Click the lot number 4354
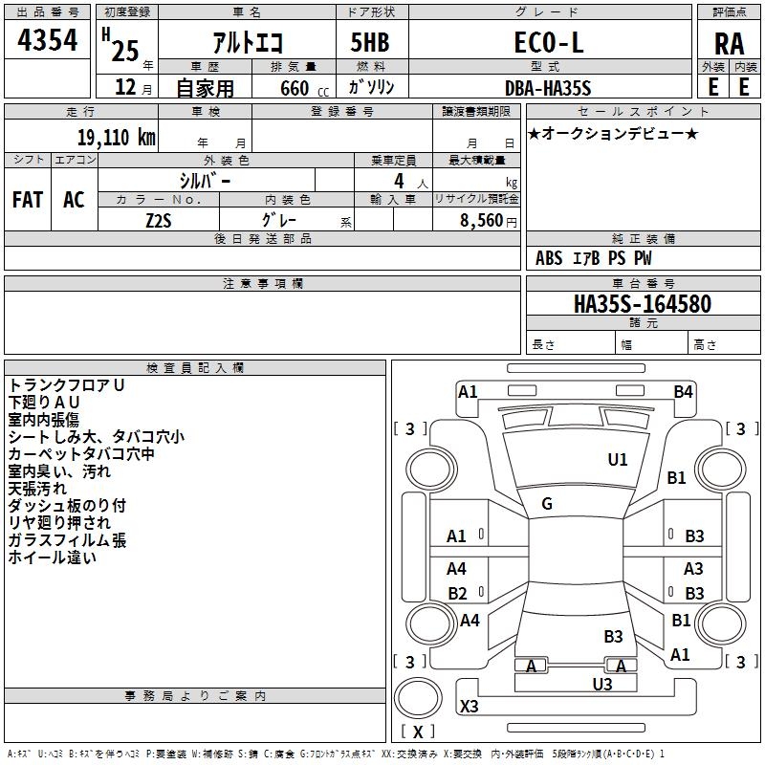[48, 43]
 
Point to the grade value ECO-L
[549, 43]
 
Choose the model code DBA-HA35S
[548, 88]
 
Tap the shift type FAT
[28, 199]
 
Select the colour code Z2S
[159, 220]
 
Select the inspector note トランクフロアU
[67, 384]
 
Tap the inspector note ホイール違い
[53, 557]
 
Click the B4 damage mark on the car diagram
[683, 391]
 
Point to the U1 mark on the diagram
[618, 460]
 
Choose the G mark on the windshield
[547, 504]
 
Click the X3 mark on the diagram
[469, 707]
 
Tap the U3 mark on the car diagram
[601, 684]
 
